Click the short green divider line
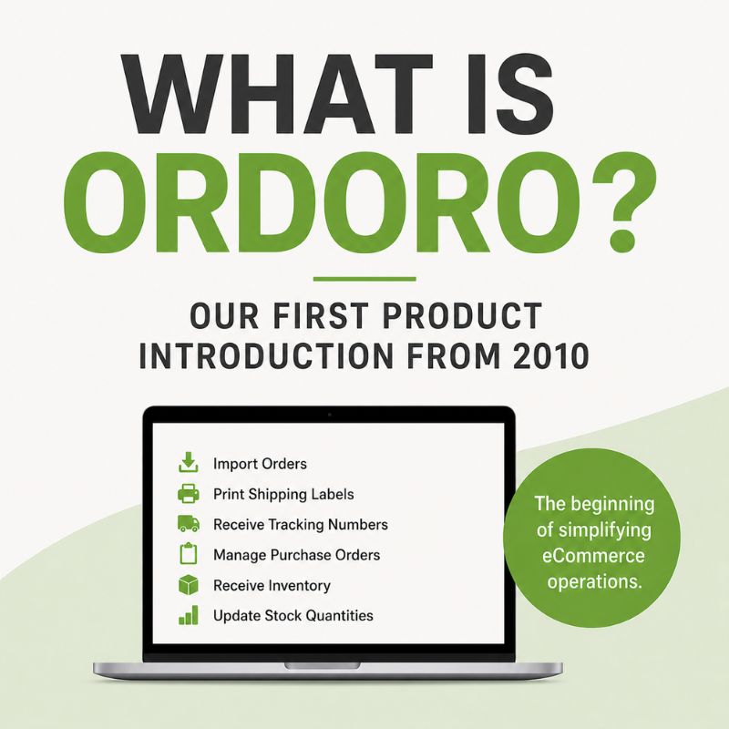364,279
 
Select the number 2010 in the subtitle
551,356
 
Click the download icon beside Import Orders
189,462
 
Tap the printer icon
189,493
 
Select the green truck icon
189,523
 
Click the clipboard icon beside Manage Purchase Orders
189,554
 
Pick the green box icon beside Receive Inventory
189,584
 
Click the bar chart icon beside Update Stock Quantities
189,615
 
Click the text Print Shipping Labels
283,494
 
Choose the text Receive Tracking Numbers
301,525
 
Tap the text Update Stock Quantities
293,616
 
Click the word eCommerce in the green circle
593,556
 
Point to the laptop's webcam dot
330,415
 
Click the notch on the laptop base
323,666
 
